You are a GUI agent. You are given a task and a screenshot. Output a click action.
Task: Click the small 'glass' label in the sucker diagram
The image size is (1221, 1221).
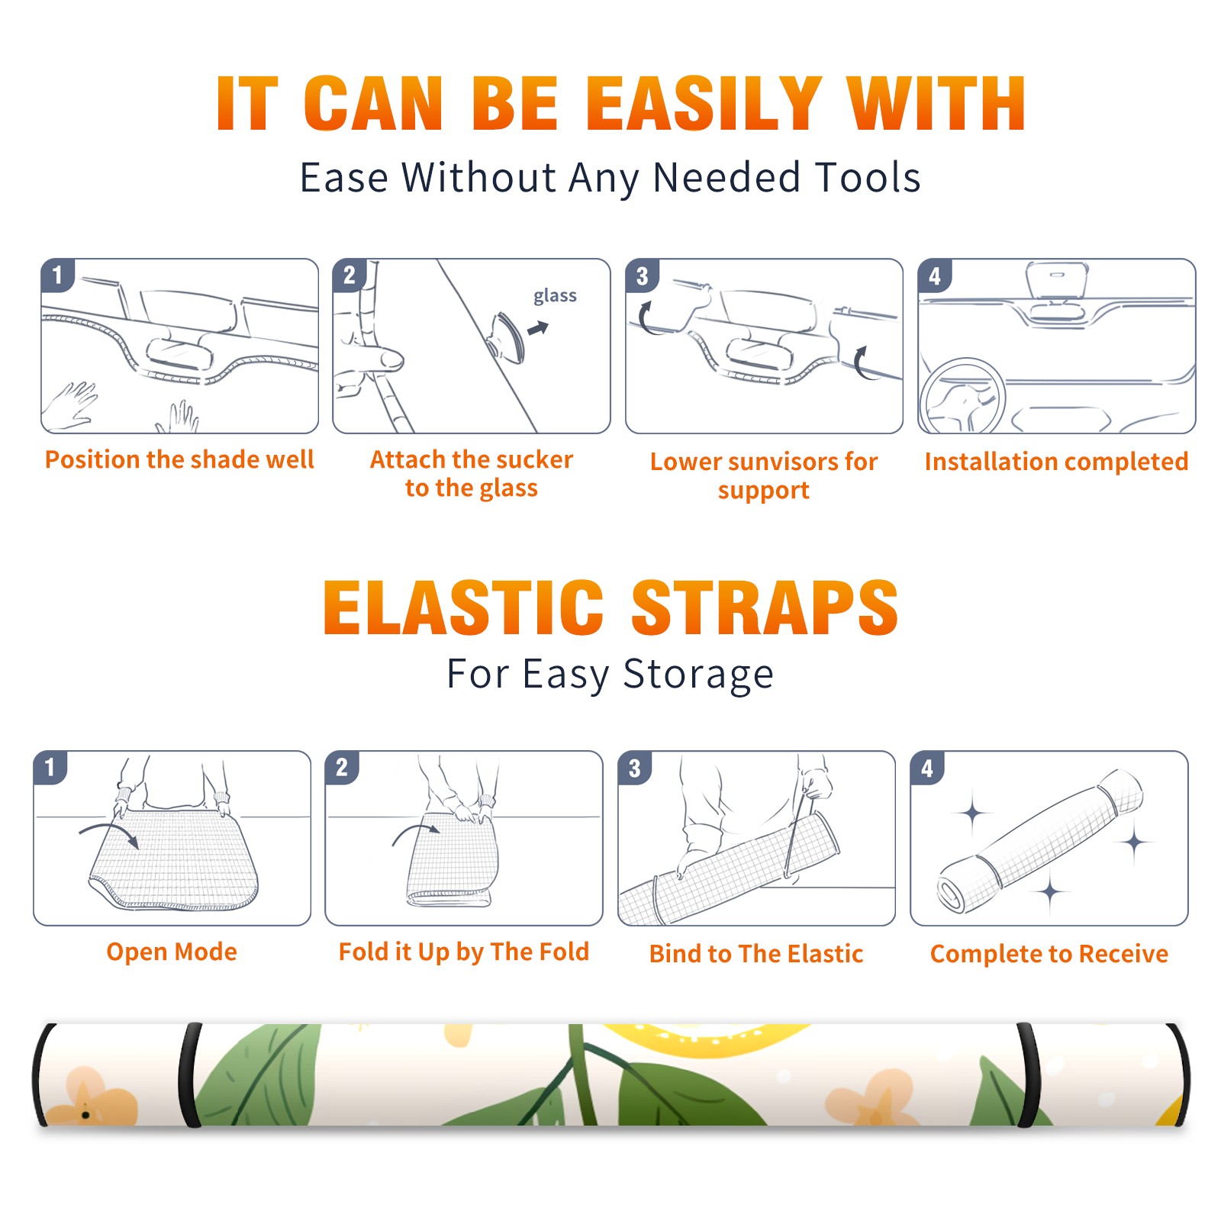[555, 295]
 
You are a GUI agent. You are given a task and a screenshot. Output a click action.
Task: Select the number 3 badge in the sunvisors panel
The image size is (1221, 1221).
[642, 275]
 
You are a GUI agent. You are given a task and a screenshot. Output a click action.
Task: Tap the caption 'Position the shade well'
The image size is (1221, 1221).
[179, 459]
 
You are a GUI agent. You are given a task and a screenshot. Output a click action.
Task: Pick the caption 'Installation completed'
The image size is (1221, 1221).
[1056, 462]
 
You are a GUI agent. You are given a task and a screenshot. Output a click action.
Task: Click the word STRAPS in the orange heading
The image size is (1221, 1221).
[765, 607]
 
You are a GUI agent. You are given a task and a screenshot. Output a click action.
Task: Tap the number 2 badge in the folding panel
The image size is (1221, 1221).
[342, 767]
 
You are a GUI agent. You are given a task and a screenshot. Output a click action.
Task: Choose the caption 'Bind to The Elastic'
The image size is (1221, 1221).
[756, 953]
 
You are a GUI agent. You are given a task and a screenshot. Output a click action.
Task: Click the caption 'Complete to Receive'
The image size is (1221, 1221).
[1049, 954]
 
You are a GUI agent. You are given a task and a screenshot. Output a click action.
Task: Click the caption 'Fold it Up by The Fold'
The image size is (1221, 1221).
[464, 952]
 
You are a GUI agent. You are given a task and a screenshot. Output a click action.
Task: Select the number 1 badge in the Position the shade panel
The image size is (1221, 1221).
[57, 275]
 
